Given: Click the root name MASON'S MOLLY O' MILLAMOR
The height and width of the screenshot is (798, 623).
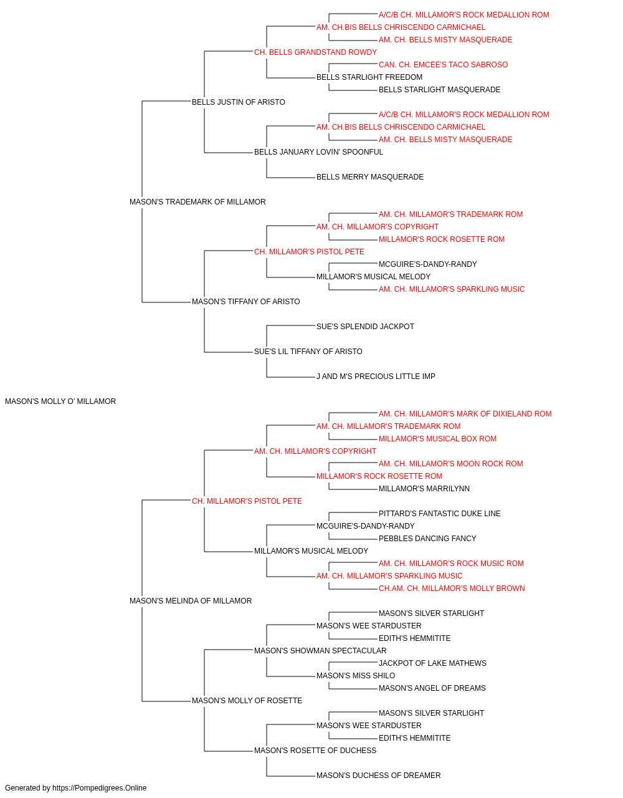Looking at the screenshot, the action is point(60,401).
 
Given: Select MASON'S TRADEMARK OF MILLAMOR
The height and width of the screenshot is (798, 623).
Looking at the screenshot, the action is point(197,202).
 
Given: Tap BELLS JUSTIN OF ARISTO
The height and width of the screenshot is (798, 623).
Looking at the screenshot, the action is point(239,102).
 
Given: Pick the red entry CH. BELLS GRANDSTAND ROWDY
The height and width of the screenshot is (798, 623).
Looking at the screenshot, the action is point(315,52).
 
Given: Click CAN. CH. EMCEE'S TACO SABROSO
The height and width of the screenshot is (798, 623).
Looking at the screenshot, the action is point(443,65).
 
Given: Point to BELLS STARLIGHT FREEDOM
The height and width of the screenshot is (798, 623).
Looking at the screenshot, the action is point(369,77).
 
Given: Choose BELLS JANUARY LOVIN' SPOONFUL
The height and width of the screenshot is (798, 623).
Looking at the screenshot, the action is point(318,152).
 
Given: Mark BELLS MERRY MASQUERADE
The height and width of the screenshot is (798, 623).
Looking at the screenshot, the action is point(370,177).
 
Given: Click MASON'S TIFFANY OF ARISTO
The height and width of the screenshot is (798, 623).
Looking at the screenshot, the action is point(246,302).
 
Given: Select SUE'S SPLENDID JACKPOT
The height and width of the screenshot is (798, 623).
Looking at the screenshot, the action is point(366,327).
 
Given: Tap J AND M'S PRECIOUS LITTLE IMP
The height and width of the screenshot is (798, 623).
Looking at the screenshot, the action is point(376,377).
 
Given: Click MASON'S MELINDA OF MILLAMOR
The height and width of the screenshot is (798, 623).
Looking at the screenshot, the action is point(191,601).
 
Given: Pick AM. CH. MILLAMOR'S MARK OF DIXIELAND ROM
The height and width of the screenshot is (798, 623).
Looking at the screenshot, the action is point(465,414).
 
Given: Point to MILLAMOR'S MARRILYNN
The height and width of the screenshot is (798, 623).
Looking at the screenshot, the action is point(424,488).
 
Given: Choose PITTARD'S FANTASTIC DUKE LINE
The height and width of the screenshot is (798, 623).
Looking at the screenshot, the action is point(440,513).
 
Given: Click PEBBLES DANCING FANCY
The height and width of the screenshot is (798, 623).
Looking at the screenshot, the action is point(427,539).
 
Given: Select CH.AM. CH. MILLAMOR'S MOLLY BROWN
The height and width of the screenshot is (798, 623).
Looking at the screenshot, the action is point(452,589).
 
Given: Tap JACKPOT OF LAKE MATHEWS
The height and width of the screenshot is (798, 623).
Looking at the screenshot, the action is point(432,663).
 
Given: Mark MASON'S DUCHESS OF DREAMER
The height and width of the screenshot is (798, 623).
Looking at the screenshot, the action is point(379,775).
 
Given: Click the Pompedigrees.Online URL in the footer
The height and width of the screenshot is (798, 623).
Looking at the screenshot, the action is point(100,788).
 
